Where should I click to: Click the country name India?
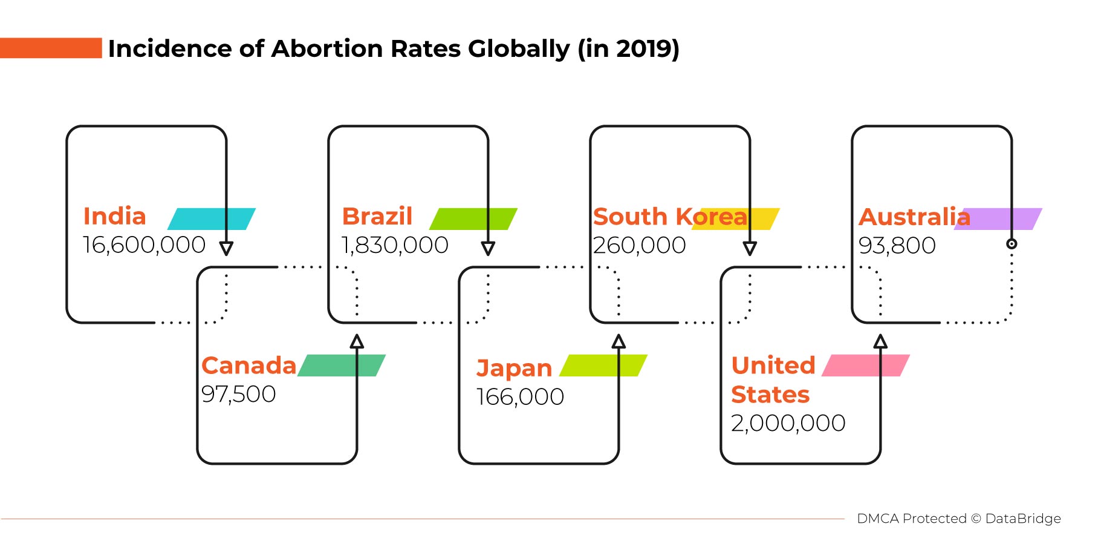pyautogui.click(x=114, y=216)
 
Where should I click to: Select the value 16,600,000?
pyautogui.click(x=144, y=245)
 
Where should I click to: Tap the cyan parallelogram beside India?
pyautogui.click(x=211, y=218)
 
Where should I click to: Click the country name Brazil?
pyautogui.click(x=377, y=216)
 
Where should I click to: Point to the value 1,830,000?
pyautogui.click(x=395, y=245)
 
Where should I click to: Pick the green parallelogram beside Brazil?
pyautogui.click(x=473, y=218)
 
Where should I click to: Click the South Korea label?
pyautogui.click(x=670, y=217)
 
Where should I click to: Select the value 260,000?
pyautogui.click(x=639, y=245)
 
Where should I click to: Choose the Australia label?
pyautogui.click(x=914, y=217)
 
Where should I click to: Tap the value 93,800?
pyautogui.click(x=897, y=245)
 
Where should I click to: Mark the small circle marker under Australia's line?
pyautogui.click(x=1012, y=244)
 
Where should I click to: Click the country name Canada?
pyautogui.click(x=248, y=366)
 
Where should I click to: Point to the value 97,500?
pyautogui.click(x=238, y=394)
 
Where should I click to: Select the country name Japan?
pyautogui.click(x=514, y=368)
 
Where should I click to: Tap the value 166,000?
pyautogui.click(x=520, y=397)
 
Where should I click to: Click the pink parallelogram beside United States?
pyautogui.click(x=865, y=365)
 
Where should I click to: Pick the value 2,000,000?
pyautogui.click(x=788, y=423)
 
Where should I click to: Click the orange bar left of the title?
pyautogui.click(x=51, y=48)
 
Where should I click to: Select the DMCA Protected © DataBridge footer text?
pyautogui.click(x=958, y=519)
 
